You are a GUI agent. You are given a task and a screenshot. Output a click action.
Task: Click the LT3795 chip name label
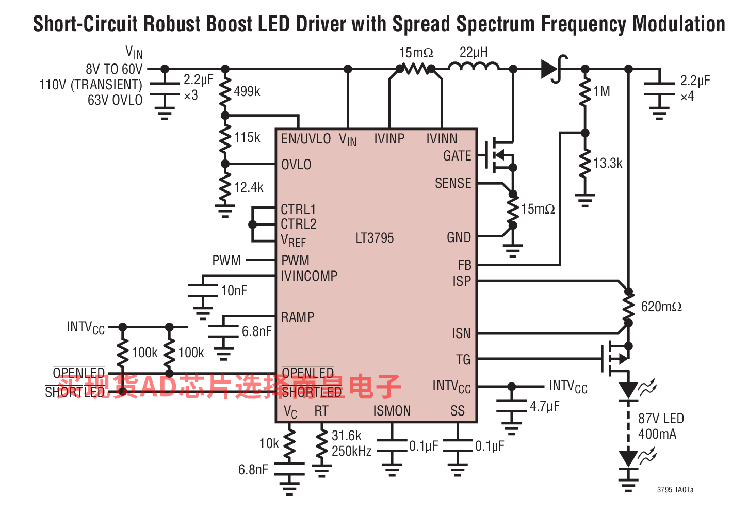pos(375,238)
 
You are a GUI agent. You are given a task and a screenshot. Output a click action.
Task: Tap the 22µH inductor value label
pos(474,52)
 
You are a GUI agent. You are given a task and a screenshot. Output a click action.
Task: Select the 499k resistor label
pos(247,91)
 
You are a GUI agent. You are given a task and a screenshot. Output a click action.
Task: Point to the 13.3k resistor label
pos(607,163)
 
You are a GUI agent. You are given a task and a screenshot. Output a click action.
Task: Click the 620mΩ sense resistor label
pos(661,307)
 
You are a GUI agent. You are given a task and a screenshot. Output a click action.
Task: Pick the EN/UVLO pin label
pos(306,139)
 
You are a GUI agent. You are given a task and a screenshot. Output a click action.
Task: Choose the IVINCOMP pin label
pos(309,276)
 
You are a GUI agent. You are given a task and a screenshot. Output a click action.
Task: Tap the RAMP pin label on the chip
pos(298,317)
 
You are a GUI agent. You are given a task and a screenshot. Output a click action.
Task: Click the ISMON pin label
pos(392,411)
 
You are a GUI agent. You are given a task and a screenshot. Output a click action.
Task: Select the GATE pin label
pos(457,156)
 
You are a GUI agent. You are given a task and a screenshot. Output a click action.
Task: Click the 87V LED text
pos(661,419)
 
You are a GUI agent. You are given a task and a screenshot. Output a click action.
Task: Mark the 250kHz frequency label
pos(351,451)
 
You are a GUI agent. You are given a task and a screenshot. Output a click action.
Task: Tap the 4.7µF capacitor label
pos(545,406)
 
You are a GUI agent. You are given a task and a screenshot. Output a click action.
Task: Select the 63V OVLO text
pos(115,100)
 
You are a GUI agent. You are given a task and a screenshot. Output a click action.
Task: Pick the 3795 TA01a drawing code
pos(675,490)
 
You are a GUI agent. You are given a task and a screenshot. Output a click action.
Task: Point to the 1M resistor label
pos(601,91)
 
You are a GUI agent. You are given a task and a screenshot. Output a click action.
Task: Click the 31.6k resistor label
pos(346,436)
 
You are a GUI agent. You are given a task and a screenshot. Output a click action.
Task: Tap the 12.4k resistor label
pos(249,187)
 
